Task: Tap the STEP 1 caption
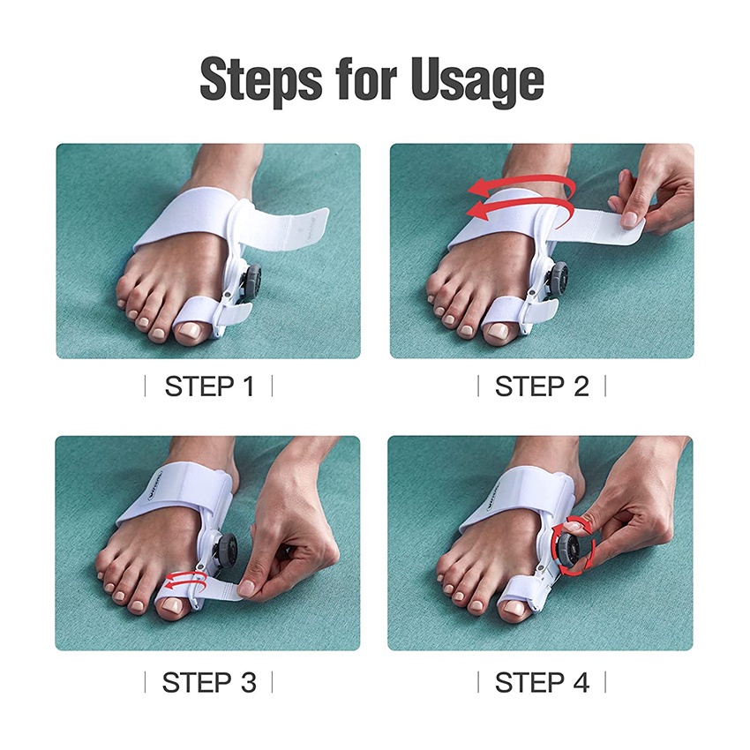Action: tap(208, 386)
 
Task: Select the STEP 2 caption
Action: tap(542, 386)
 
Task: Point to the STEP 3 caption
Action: tap(208, 682)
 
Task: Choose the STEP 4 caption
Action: tap(542, 682)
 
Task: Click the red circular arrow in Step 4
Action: tap(569, 548)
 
